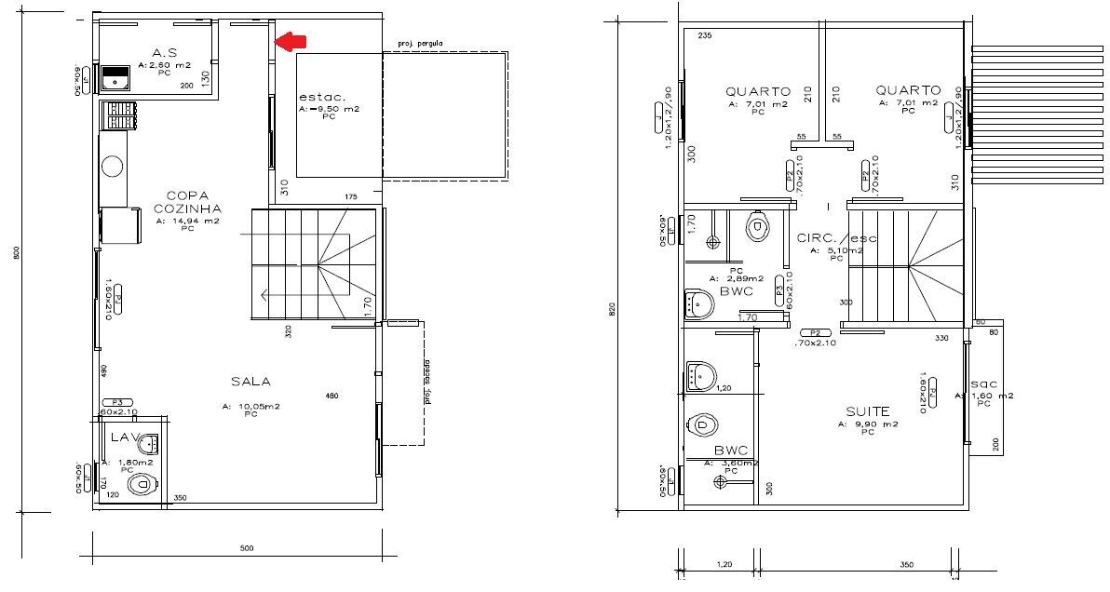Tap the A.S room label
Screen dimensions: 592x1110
click(x=165, y=51)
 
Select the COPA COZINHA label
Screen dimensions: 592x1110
click(x=187, y=204)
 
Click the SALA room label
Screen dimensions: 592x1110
click(x=251, y=381)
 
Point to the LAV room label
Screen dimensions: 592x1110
click(x=123, y=437)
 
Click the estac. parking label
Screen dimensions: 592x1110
click(x=322, y=97)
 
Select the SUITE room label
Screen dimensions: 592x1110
click(x=867, y=410)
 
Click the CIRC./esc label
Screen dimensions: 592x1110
click(x=836, y=238)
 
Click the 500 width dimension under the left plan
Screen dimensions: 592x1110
click(x=247, y=548)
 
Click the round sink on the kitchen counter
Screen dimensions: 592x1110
click(x=113, y=167)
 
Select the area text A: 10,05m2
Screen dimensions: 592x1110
click(x=251, y=407)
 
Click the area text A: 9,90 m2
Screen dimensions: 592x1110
click(x=866, y=424)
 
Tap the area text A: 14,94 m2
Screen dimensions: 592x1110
click(x=187, y=221)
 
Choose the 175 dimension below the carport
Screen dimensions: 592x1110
click(x=350, y=196)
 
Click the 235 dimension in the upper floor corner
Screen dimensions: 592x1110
click(x=703, y=35)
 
